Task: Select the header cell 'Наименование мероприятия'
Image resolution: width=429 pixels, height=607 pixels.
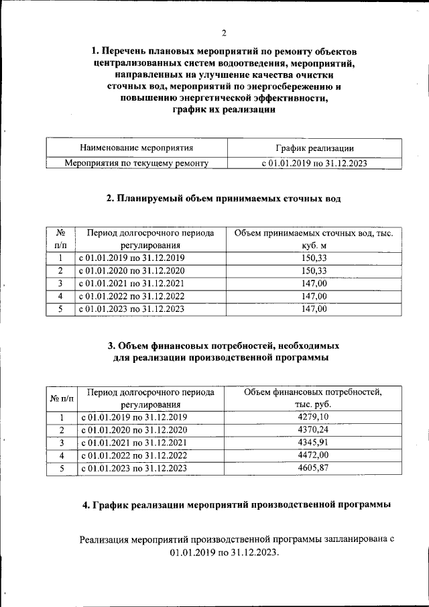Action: [136, 148]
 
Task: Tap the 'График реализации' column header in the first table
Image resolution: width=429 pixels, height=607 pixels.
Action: [314, 148]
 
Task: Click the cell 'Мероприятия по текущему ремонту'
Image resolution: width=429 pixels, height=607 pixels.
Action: [136, 163]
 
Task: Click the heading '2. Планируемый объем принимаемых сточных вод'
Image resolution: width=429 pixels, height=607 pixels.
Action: [224, 199]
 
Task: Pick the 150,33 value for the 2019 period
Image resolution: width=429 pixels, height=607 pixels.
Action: [314, 258]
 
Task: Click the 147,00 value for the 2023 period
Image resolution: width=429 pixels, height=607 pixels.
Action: [314, 309]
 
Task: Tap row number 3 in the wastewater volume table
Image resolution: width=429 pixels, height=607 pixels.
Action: [60, 284]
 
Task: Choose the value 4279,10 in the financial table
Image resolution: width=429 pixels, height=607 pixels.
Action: [314, 417]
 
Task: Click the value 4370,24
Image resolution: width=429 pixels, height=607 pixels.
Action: [314, 430]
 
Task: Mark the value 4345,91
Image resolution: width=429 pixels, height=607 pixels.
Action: [314, 443]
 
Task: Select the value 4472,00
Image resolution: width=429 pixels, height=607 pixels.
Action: [314, 455]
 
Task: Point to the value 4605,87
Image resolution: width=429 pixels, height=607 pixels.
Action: [314, 468]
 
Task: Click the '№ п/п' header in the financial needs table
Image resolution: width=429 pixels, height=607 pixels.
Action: [62, 398]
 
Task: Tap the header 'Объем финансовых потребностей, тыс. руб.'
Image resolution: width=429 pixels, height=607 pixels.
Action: [314, 398]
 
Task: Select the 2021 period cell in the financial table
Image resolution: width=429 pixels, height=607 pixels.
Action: [134, 443]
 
